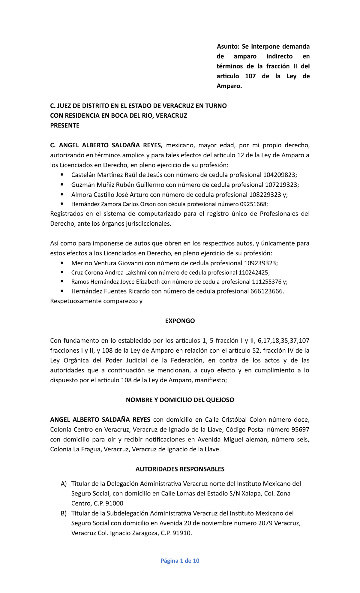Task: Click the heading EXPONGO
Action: coord(180,321)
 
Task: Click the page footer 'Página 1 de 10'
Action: coord(180,561)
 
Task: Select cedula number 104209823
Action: coord(279,175)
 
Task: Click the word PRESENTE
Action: coord(64,125)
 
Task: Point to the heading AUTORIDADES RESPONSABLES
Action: coord(180,469)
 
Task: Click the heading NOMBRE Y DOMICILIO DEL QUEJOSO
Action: coord(180,400)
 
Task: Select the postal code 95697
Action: coord(300,429)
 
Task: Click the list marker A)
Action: coord(64,484)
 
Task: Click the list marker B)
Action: coord(64,513)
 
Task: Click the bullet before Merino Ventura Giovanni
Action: coord(62,263)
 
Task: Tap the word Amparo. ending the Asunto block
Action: coord(229,86)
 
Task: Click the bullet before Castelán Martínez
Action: coord(62,175)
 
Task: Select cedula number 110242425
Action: coord(253,273)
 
